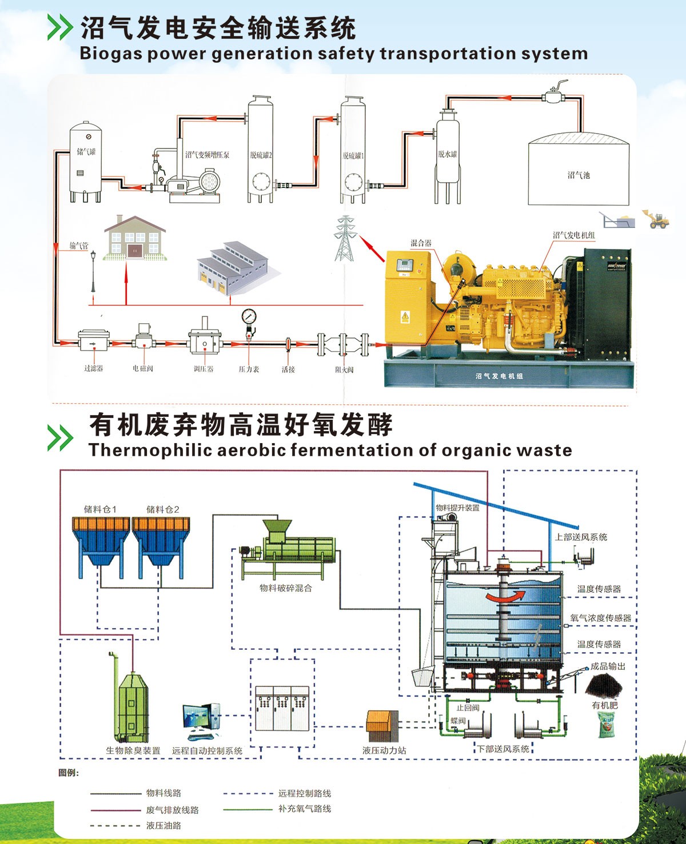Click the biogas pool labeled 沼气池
pos(578,171)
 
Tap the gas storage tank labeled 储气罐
pos(86,163)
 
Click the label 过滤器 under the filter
pos(94,369)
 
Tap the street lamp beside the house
pos(93,271)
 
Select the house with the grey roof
pos(135,238)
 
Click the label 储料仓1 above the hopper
pos(100,509)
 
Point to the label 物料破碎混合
pos(286,588)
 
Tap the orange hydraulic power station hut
pos(382,726)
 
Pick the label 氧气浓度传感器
pos(600,618)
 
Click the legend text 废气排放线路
pos(173,810)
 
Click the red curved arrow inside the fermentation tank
pos(504,596)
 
